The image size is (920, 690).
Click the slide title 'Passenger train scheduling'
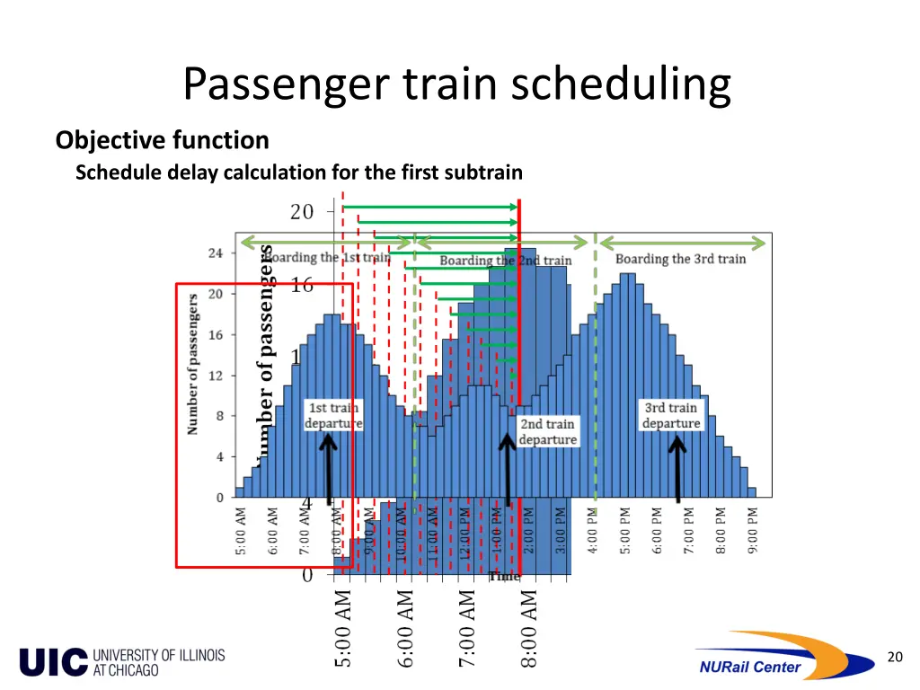tap(457, 84)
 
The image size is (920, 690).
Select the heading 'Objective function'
tap(162, 140)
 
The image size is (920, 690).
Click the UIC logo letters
tap(54, 662)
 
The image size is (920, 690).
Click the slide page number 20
tap(894, 657)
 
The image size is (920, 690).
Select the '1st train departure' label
tap(333, 415)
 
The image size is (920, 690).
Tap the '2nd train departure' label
tap(547, 431)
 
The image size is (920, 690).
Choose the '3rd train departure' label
tap(670, 415)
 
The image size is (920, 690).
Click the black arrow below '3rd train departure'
tap(677, 467)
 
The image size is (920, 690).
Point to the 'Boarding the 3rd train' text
tap(680, 259)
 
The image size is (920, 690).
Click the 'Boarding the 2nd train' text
tap(505, 261)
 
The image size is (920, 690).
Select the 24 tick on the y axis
tap(216, 252)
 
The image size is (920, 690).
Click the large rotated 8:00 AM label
tap(529, 628)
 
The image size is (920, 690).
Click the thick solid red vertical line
tap(519, 359)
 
